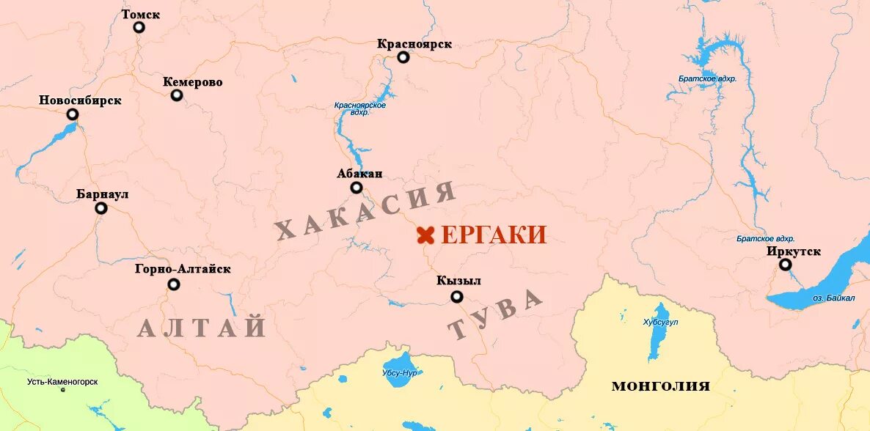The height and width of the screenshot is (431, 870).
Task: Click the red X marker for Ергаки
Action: click(425, 235)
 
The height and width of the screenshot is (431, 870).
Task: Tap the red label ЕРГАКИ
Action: click(494, 235)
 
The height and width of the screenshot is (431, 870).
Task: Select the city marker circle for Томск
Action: click(139, 28)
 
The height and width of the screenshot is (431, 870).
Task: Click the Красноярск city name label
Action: click(414, 44)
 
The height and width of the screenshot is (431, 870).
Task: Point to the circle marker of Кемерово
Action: click(177, 95)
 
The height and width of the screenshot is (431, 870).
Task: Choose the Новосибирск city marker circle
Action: click(73, 114)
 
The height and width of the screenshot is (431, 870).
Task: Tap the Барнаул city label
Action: click(103, 194)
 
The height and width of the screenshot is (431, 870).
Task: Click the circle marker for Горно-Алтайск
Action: click(174, 284)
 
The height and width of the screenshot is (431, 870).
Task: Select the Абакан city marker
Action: click(357, 188)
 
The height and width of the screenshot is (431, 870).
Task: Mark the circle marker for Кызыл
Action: click(457, 297)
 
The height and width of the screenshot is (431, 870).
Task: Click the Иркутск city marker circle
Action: click(786, 265)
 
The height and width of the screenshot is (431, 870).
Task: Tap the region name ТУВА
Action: click(496, 314)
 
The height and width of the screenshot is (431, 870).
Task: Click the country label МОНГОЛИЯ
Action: click(660, 386)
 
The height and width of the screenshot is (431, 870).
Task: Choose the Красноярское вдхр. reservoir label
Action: click(359, 109)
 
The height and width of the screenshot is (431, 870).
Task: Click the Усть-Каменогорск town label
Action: click(62, 382)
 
